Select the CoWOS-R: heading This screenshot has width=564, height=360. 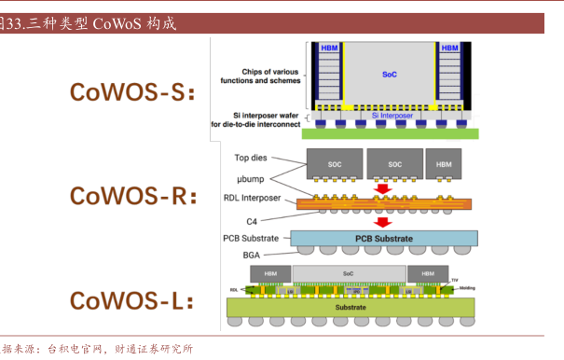point(134,196)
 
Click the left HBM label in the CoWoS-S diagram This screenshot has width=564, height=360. point(329,48)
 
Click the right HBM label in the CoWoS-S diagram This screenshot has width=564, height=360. point(449,48)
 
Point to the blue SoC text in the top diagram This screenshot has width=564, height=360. point(389,74)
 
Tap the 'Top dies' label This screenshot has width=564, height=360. point(252,159)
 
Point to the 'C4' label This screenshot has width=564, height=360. point(252,220)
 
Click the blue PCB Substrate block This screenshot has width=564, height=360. point(383,239)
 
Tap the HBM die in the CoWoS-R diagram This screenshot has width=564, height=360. point(443,163)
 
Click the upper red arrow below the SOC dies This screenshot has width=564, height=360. point(382,189)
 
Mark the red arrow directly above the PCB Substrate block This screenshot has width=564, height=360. point(382,222)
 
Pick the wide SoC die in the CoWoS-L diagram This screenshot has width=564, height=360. point(348,273)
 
